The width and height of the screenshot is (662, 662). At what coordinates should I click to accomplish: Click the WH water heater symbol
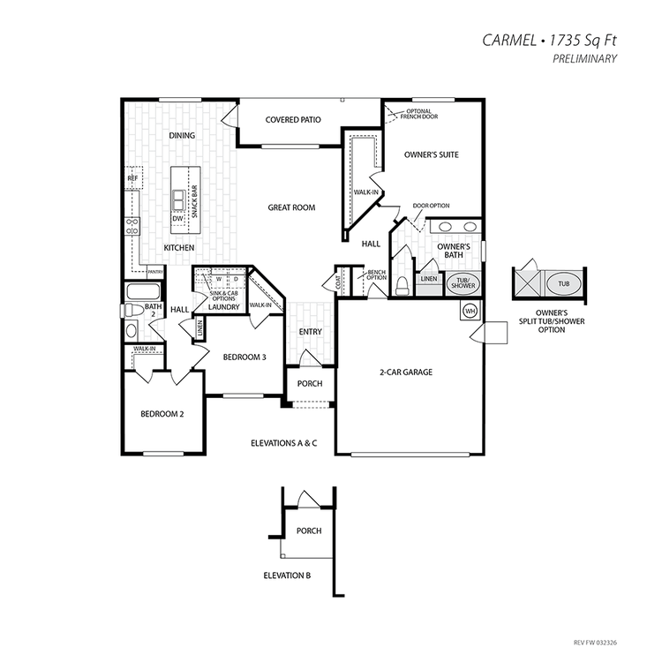(470, 312)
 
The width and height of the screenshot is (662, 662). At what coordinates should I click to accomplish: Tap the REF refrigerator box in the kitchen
(133, 178)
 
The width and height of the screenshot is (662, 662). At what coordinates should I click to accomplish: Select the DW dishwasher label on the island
(177, 219)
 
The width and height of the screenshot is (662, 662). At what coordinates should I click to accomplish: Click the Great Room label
(291, 207)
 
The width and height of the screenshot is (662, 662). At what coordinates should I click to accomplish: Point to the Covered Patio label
(293, 120)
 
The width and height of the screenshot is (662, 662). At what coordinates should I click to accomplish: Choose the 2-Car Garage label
(406, 372)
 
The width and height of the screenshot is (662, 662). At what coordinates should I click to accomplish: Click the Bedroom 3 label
(244, 357)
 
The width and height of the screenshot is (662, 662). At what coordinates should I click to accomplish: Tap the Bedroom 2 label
(162, 414)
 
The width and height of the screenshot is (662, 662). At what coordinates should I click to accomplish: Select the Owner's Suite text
(431, 154)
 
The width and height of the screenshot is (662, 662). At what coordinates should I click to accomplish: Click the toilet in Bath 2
(132, 311)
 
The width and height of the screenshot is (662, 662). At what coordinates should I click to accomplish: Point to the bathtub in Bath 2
(143, 291)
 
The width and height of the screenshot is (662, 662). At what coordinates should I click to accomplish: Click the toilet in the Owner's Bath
(402, 286)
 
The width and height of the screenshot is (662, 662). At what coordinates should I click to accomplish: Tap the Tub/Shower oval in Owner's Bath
(463, 282)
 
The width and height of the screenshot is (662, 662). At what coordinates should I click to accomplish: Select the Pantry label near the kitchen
(155, 272)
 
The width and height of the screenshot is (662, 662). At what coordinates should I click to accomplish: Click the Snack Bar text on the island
(194, 201)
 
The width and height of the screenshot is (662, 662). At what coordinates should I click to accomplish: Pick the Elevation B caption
(287, 575)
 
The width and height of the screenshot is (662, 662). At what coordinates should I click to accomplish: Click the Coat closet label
(338, 282)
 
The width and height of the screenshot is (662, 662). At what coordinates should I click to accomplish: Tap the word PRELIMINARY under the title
(584, 58)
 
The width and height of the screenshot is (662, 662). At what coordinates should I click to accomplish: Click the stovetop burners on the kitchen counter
(132, 226)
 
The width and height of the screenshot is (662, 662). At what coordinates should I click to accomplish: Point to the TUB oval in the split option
(564, 284)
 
